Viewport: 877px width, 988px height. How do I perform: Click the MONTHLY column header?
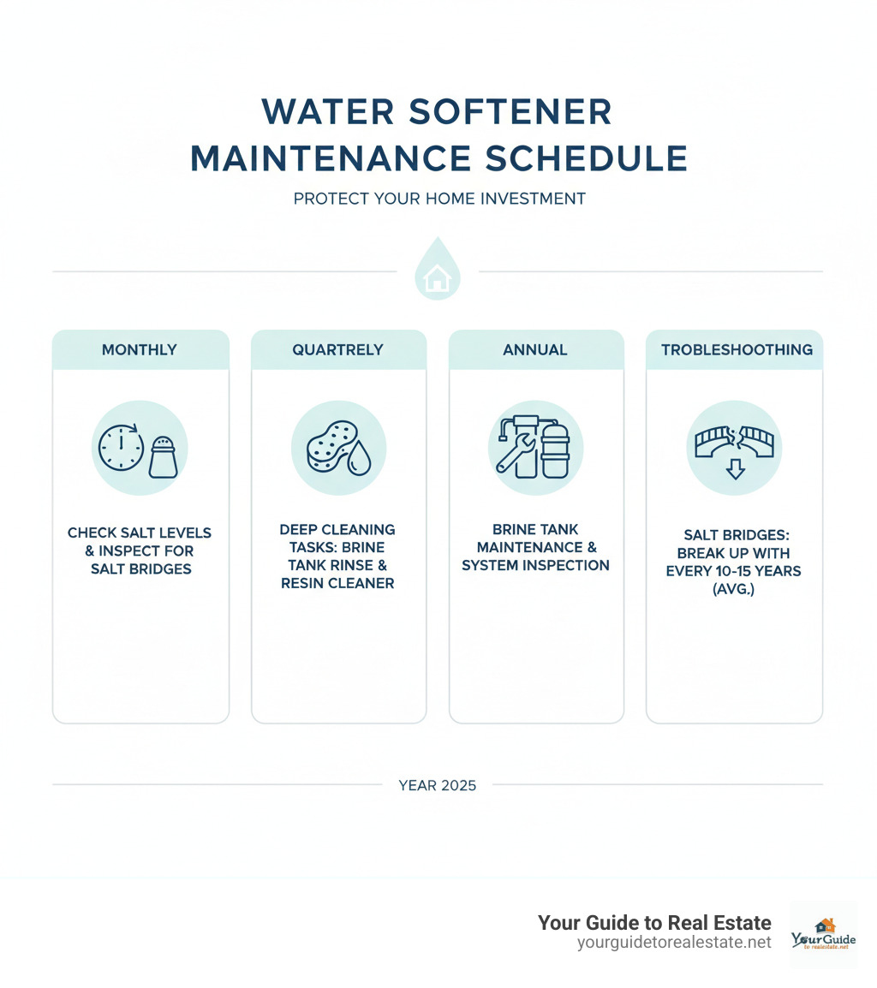click(x=140, y=349)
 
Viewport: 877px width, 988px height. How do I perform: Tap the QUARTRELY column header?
click(x=338, y=349)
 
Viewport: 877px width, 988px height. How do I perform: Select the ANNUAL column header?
click(x=535, y=349)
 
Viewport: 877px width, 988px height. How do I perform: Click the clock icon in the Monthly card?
click(x=122, y=447)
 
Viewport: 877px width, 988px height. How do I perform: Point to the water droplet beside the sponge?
click(x=361, y=459)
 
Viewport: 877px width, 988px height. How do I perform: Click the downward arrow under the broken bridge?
click(x=734, y=467)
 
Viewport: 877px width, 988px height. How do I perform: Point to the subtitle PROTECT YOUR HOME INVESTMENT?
click(x=438, y=199)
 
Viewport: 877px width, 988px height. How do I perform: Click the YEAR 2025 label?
click(x=438, y=784)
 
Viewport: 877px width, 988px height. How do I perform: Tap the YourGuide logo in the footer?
click(x=823, y=934)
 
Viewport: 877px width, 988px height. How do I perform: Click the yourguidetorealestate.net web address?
click(x=674, y=942)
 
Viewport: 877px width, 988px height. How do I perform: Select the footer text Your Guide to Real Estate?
click(x=654, y=922)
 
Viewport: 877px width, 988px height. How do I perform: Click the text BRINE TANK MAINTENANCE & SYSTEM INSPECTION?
click(x=535, y=547)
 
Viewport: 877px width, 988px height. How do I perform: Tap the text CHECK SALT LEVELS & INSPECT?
click(x=140, y=541)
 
